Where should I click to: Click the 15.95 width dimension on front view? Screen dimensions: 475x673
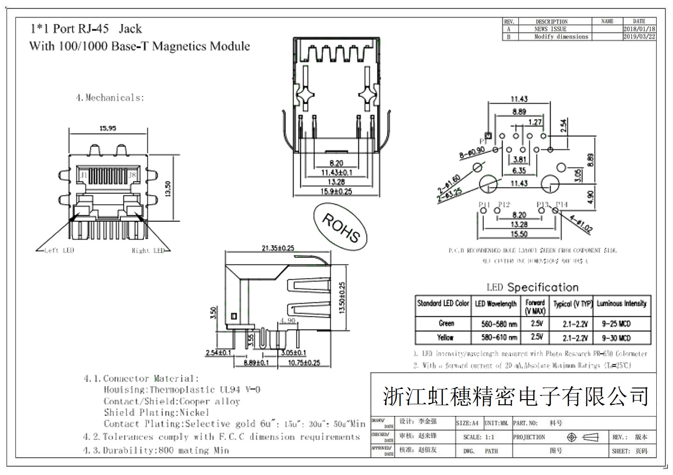(x=108, y=128)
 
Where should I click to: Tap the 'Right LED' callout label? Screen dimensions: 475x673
(x=148, y=251)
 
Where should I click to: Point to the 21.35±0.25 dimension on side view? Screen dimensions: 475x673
(x=278, y=248)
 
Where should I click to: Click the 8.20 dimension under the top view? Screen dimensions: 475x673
(x=336, y=163)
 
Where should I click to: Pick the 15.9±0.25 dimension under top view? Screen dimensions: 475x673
(x=336, y=191)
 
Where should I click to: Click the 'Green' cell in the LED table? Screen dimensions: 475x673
(x=446, y=323)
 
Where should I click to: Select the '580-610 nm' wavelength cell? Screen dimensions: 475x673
(x=499, y=337)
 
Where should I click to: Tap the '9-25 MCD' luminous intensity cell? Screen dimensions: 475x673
(x=616, y=323)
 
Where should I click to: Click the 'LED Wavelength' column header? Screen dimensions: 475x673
(x=496, y=304)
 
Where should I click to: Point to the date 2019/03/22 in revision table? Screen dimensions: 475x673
(x=639, y=36)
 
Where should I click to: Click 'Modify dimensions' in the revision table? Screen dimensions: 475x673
(x=561, y=36)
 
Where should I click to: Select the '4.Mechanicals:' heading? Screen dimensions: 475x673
(x=110, y=98)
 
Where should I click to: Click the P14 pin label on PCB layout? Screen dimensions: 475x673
(x=562, y=204)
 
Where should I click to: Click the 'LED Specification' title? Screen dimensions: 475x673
(x=532, y=287)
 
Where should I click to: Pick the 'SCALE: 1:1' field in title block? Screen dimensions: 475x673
(x=478, y=437)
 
